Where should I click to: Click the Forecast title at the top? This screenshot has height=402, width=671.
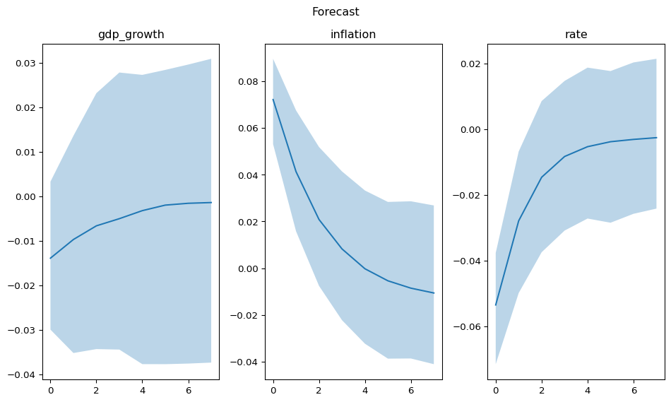[335, 12]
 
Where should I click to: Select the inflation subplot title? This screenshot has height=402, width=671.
[353, 35]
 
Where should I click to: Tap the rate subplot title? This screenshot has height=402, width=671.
[576, 35]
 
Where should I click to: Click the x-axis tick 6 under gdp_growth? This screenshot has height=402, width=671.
[188, 390]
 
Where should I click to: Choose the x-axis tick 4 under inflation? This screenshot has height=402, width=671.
[365, 390]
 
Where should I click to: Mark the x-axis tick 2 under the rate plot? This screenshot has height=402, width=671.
[542, 390]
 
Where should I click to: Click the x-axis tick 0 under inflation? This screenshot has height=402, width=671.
[273, 390]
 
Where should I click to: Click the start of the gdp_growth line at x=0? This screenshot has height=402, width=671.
[51, 258]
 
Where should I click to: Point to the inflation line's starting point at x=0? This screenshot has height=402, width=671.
[273, 100]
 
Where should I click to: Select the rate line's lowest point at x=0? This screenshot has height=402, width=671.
[496, 305]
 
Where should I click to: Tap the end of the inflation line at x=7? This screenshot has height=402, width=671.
[434, 293]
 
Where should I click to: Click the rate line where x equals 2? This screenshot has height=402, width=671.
[542, 177]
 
